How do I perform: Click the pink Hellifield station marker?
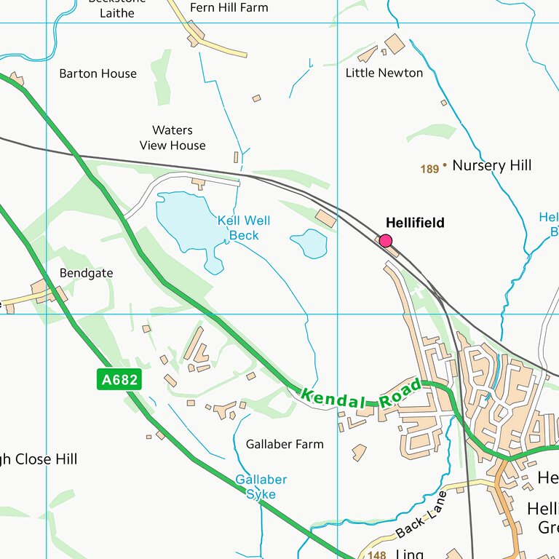[386, 241]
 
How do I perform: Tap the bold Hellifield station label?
[414, 223]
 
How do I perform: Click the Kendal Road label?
[361, 394]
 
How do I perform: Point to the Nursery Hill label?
[491, 165]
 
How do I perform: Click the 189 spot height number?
[429, 169]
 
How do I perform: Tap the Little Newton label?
[384, 73]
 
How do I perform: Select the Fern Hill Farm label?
[229, 7]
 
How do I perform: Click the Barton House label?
[98, 74]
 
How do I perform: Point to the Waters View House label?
[173, 138]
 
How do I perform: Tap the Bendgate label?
[86, 273]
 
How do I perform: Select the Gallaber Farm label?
[285, 444]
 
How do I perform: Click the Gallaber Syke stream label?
[261, 487]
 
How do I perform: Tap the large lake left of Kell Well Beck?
[186, 221]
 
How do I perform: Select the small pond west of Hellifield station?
[309, 243]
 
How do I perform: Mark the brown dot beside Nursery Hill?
[445, 165]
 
